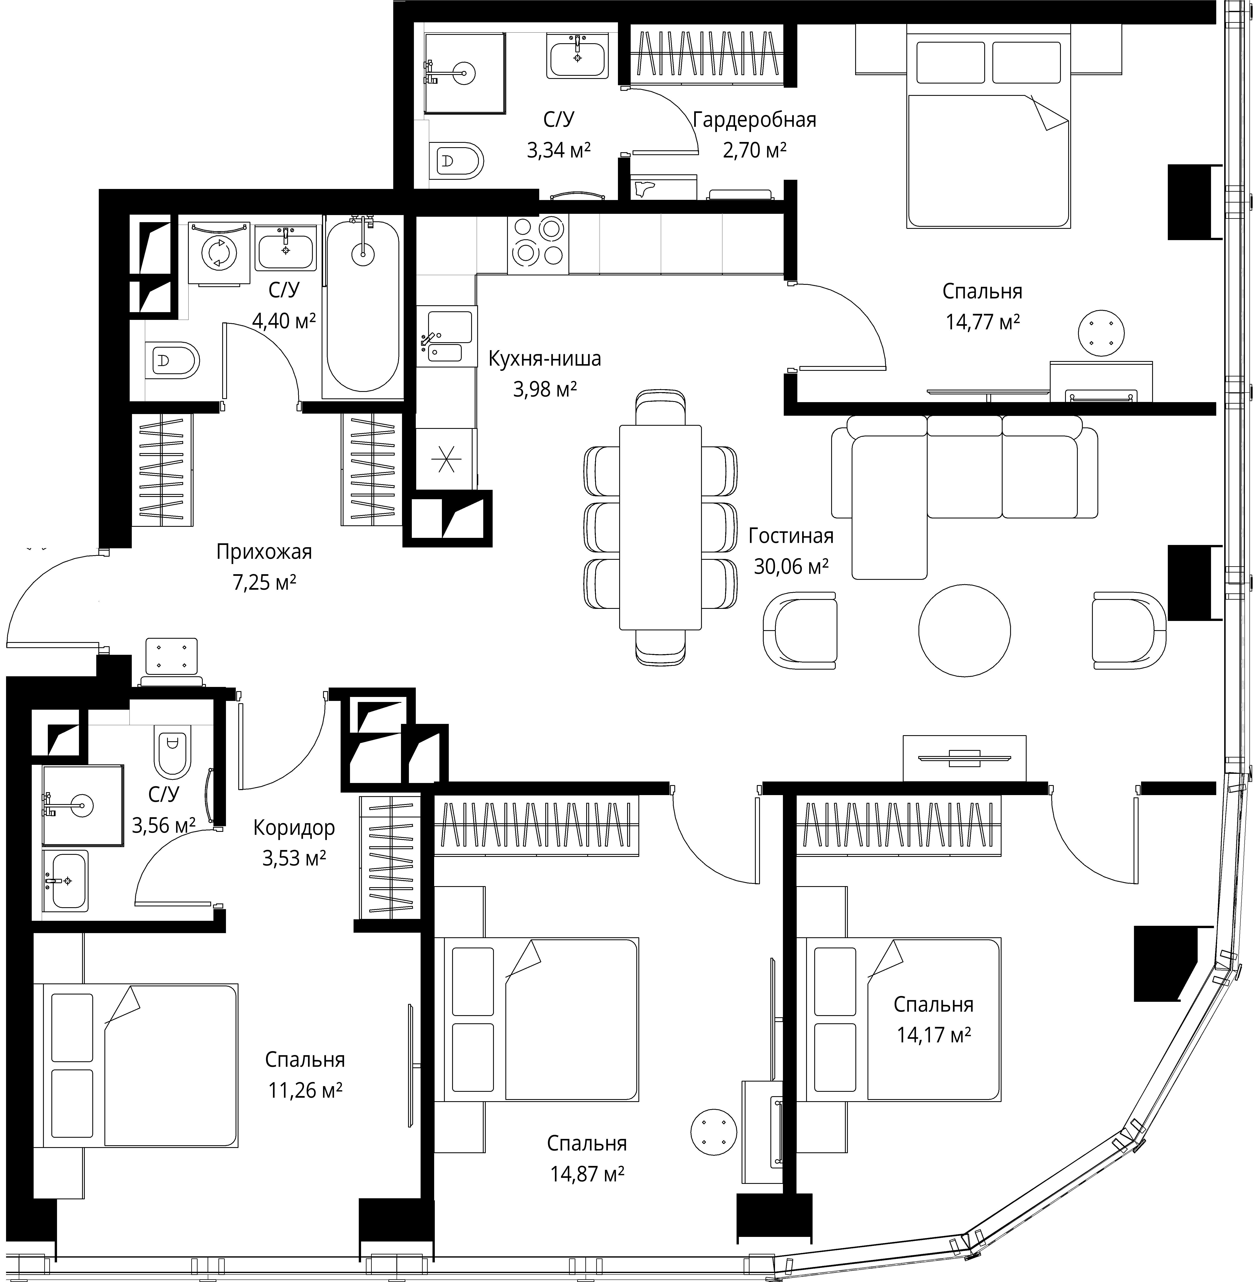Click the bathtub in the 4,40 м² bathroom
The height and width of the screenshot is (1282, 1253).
click(363, 306)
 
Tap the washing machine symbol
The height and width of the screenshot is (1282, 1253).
click(218, 253)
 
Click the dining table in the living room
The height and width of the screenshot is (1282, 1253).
click(660, 527)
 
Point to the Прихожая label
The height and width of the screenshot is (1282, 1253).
click(264, 551)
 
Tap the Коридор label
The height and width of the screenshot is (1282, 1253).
click(294, 827)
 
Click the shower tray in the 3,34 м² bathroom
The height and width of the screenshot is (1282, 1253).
click(465, 73)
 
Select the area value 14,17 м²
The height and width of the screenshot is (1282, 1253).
click(934, 1035)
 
